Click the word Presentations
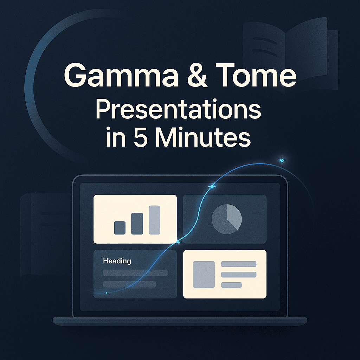[178, 111]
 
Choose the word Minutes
[204, 138]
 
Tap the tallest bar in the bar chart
[154, 220]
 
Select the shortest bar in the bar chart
[120, 227]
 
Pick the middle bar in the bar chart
[137, 224]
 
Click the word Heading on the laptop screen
[117, 261]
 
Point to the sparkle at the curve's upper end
[282, 161]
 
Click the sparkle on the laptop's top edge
[212, 187]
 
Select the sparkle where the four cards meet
[178, 242]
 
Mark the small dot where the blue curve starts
[107, 293]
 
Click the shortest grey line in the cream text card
[231, 285]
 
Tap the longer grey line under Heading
[135, 273]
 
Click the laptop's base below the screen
[180, 321]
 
